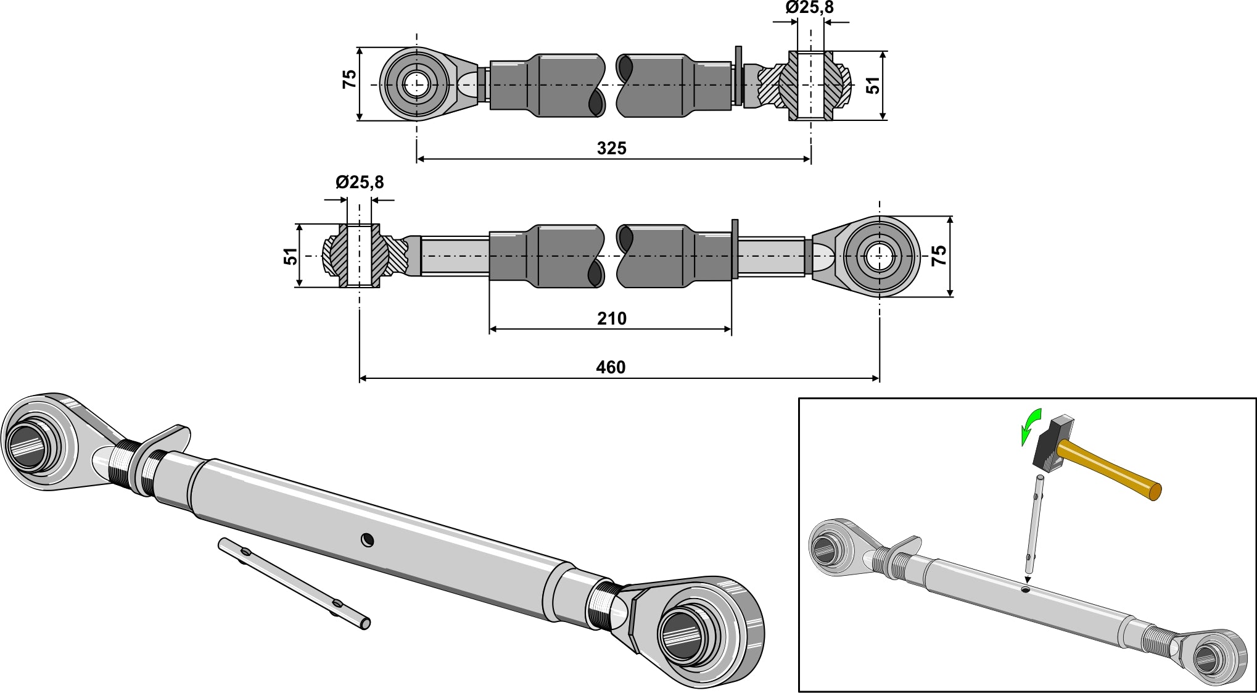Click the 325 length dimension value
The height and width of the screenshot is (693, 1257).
click(x=611, y=148)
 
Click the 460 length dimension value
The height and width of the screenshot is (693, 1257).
click(x=611, y=367)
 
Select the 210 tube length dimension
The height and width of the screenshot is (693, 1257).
click(x=611, y=318)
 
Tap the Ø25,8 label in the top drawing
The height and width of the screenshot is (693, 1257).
click(x=809, y=8)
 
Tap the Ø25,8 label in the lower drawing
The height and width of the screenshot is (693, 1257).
click(x=360, y=182)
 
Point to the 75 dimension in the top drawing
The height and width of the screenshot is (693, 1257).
click(x=350, y=79)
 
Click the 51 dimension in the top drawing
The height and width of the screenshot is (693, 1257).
click(x=873, y=85)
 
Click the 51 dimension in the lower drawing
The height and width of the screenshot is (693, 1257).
click(x=291, y=255)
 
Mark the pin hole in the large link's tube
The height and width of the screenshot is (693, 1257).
click(x=368, y=541)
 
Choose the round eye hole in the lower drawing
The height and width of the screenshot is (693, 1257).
click(x=878, y=256)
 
